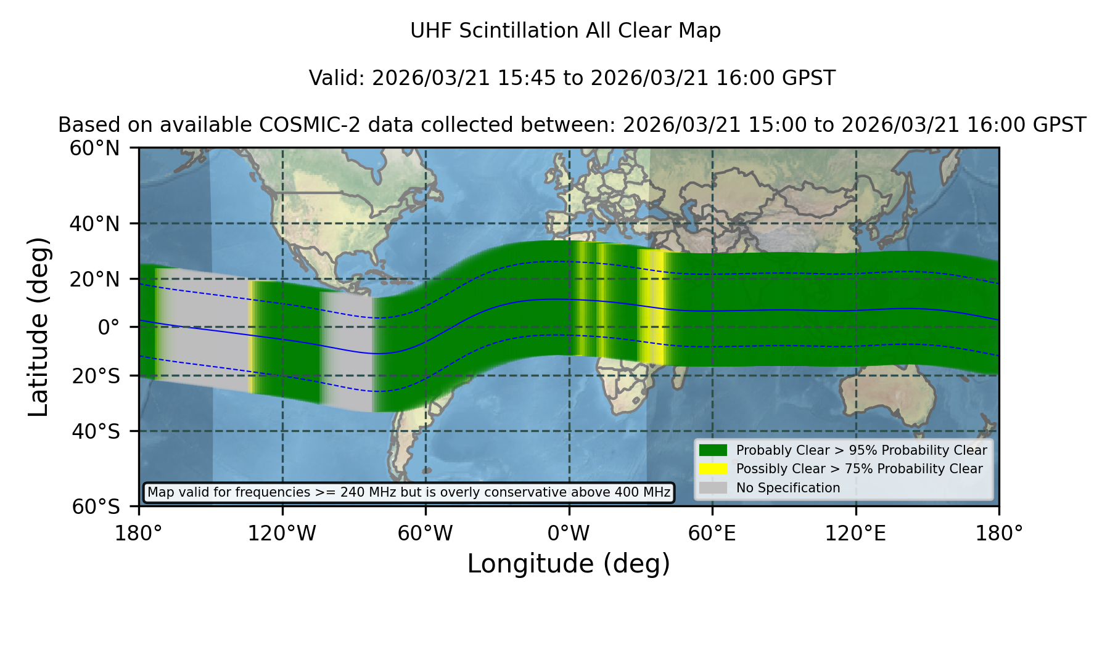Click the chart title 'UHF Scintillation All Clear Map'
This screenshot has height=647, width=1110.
(565, 30)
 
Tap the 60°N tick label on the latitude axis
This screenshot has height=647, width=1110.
(94, 149)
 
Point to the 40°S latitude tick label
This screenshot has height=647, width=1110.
(96, 431)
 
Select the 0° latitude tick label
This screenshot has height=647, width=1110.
(109, 327)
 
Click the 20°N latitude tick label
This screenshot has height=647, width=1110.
(94, 279)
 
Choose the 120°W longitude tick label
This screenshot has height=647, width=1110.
(282, 533)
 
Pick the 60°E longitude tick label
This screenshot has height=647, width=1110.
(712, 533)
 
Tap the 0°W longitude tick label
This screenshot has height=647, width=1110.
(569, 533)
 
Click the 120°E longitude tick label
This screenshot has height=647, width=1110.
(855, 533)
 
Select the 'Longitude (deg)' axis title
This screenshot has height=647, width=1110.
(569, 564)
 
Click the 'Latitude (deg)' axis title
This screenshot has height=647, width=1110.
(38, 327)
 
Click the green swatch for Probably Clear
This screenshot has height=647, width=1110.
(713, 450)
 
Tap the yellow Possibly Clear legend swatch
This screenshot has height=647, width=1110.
(713, 468)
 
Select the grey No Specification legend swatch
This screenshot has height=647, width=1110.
(713, 487)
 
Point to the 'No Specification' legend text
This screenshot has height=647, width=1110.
(788, 488)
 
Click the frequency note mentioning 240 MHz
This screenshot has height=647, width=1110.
(409, 492)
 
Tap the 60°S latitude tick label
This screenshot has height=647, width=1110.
(96, 507)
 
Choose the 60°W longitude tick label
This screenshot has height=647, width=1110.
(425, 533)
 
